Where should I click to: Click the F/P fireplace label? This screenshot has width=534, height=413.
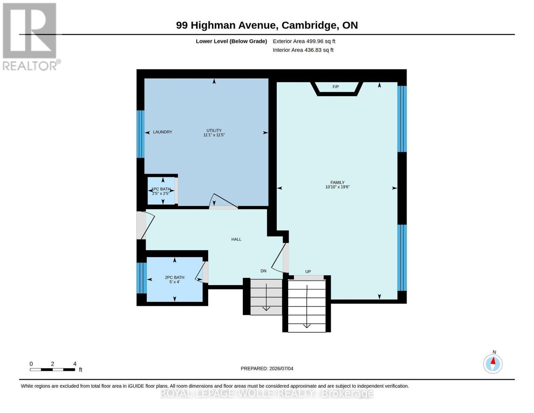tap(336, 87)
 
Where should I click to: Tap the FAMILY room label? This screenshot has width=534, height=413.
tap(337, 182)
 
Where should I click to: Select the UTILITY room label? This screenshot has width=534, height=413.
tap(214, 130)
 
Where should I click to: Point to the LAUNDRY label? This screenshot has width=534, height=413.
tap(162, 132)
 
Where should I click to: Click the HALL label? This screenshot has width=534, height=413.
tap(236, 239)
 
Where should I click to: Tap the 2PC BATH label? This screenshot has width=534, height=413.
tap(174, 277)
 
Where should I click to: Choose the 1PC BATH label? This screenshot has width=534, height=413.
tap(161, 189)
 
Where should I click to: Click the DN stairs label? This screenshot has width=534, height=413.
tap(263, 271)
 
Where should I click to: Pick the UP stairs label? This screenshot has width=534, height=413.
tap(308, 272)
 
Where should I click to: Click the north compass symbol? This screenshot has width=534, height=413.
tap(493, 363)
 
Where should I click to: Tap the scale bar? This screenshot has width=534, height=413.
tap(53, 369)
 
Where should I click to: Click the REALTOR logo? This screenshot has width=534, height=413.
tap(31, 37)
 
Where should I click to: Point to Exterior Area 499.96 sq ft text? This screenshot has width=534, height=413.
tap(304, 41)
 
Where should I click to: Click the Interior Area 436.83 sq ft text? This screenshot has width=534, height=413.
tap(303, 50)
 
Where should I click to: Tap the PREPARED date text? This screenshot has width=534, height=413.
tap(267, 369)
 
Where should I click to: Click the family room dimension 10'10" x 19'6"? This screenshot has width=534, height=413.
tap(337, 187)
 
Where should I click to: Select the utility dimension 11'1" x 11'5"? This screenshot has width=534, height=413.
tap(214, 135)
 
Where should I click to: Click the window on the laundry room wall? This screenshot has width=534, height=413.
tap(141, 134)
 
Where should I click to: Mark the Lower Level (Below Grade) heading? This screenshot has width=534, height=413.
tap(231, 41)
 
